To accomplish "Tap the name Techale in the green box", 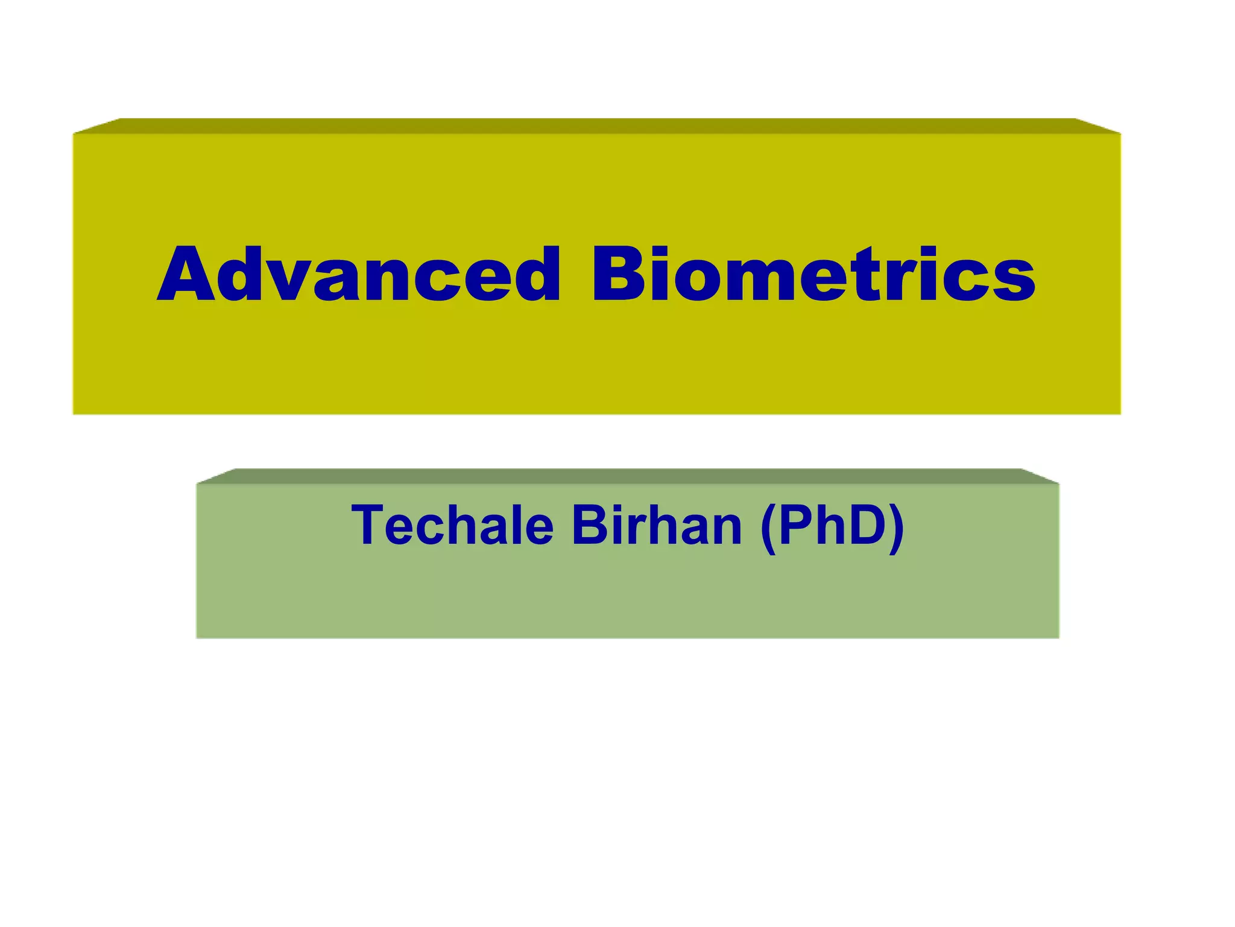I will (x=452, y=526).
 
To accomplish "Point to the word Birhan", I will (x=657, y=526).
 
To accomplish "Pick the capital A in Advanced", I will (x=188, y=275).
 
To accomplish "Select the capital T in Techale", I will (x=369, y=526).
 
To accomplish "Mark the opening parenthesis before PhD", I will (x=768, y=528).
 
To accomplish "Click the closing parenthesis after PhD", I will (x=897, y=528).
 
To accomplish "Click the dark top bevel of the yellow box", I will (x=597, y=126).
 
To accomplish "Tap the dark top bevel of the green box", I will (x=627, y=476).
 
